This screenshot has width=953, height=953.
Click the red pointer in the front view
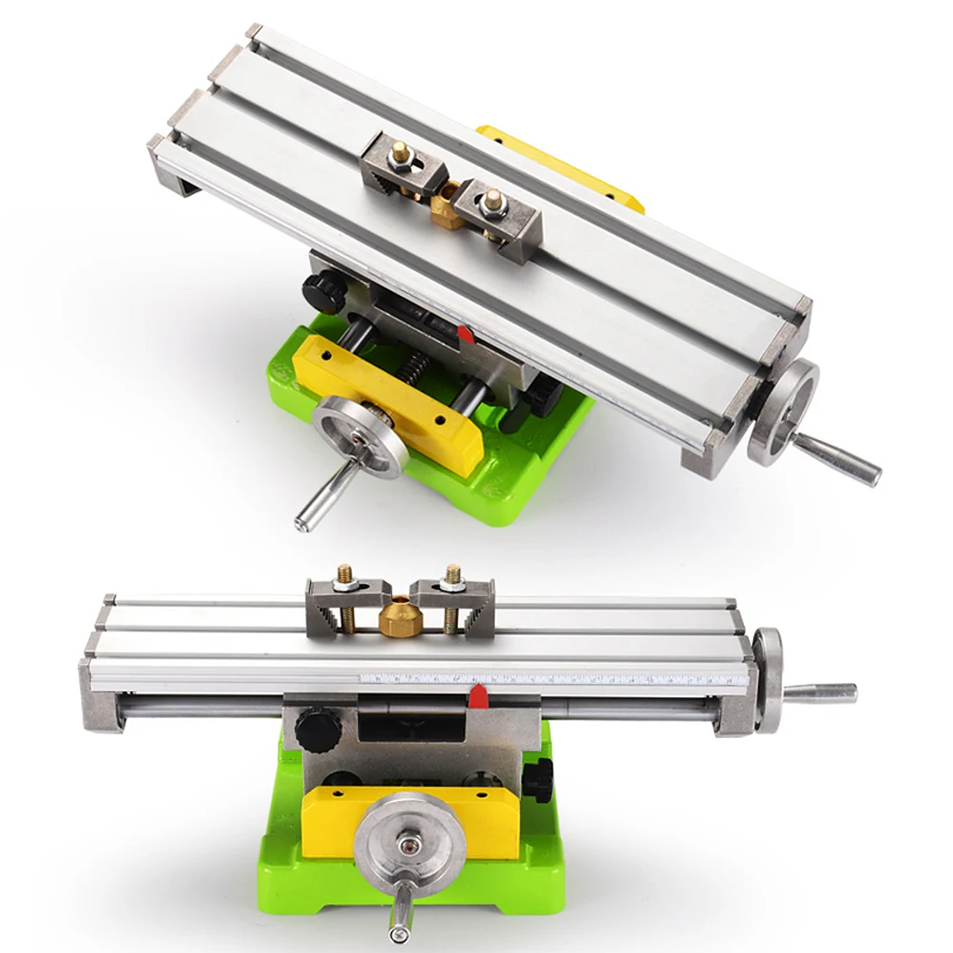tap(478, 694)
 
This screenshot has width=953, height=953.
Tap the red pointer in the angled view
tap(466, 335)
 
